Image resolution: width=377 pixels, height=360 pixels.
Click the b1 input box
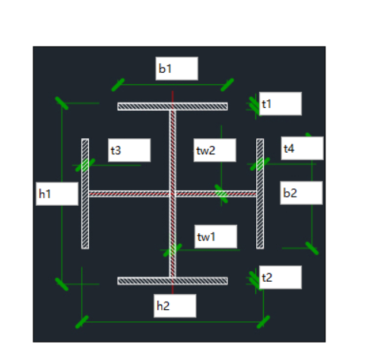click(176, 68)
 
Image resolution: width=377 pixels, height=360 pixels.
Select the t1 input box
click(280, 104)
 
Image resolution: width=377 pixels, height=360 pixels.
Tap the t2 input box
click(280, 277)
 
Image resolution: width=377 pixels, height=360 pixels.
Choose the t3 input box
click(129, 150)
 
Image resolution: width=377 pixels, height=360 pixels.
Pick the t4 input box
click(303, 148)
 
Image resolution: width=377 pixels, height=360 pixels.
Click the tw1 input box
click(216, 236)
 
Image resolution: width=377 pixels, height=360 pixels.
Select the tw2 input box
click(215, 150)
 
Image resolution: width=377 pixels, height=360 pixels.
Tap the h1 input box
click(57, 194)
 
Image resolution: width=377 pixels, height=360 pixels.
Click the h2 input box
click(175, 306)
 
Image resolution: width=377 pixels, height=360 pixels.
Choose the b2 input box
click(301, 193)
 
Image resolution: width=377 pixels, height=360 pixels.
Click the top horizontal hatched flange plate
click(173, 106)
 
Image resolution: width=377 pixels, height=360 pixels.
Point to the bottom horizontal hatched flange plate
click(173, 281)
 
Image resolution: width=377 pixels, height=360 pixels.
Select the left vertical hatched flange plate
click(85, 194)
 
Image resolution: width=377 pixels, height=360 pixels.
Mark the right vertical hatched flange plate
click(260, 194)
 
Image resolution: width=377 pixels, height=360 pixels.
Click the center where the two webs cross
click(173, 194)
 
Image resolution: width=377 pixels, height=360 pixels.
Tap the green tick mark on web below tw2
click(221, 194)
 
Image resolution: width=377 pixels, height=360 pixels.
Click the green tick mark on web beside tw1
click(173, 250)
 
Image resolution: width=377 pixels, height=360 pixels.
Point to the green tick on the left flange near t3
click(85, 165)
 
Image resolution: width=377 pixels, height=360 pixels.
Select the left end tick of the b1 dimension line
click(118, 85)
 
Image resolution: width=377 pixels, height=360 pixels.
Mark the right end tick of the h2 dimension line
click(263, 322)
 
